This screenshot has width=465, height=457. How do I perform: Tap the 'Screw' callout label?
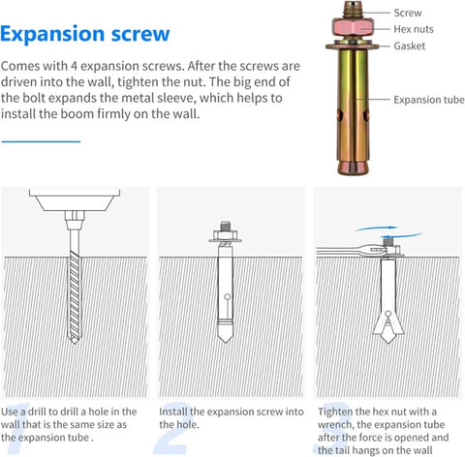(408, 14)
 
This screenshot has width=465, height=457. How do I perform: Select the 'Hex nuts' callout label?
(414, 30)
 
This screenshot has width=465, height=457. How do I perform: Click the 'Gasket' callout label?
(410, 46)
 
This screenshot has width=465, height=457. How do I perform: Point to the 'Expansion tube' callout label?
(429, 100)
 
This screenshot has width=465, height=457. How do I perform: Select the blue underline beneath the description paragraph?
(41, 141)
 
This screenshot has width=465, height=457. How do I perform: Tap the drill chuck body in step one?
(74, 203)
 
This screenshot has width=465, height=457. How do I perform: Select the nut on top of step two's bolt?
(225, 235)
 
